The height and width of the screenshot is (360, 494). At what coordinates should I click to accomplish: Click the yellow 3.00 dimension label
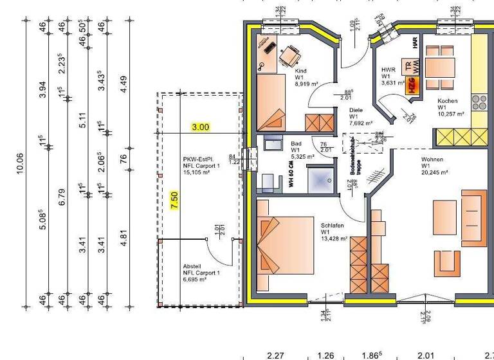(201, 127)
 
